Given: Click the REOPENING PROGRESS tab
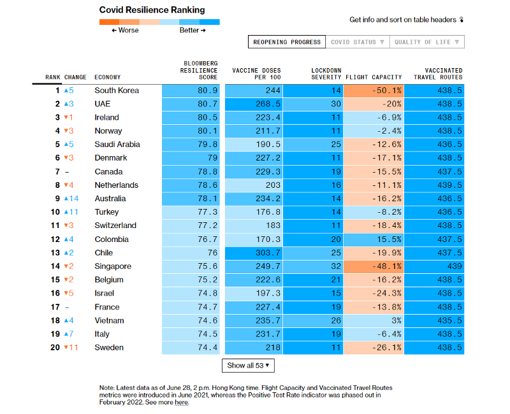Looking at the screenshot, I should (x=286, y=42).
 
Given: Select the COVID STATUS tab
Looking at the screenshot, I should (x=357, y=42).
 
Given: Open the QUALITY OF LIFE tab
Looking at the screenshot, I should (x=427, y=42).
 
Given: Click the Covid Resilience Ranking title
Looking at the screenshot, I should (x=152, y=10).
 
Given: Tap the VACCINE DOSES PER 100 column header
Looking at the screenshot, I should (x=256, y=74).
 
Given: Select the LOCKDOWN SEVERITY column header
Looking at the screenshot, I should (x=326, y=74).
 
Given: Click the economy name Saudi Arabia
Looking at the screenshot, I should (x=117, y=145).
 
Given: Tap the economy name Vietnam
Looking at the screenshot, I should (x=109, y=320).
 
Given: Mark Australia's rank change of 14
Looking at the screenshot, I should (x=71, y=199).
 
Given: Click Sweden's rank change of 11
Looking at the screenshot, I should (x=71, y=348).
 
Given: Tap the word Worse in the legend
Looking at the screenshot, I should (x=128, y=31).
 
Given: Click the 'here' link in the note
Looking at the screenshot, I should (x=182, y=403).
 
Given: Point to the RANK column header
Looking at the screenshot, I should (x=53, y=78).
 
